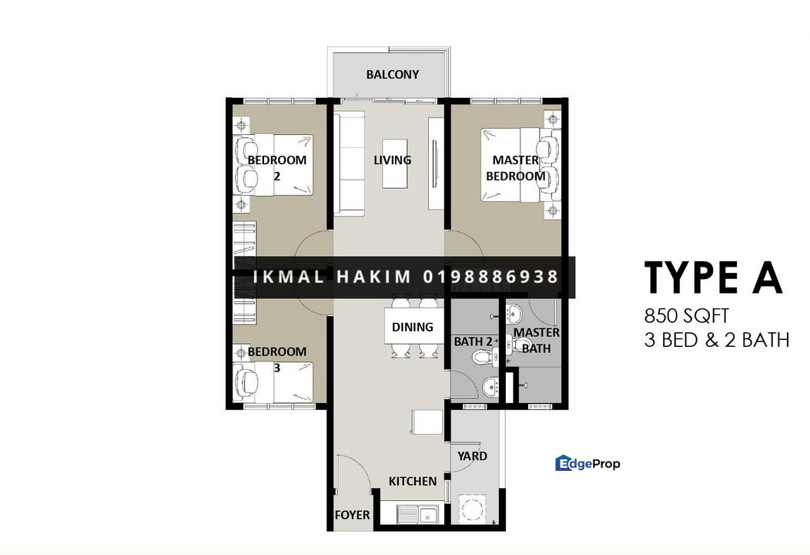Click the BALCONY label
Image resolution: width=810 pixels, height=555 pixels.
[392, 75]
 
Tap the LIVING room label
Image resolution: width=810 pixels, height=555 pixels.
[392, 160]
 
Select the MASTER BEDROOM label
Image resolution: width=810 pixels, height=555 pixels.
[516, 168]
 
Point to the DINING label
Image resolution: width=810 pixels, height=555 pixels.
[412, 327]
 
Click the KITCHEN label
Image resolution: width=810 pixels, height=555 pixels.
[412, 481]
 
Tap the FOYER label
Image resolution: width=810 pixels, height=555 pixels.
[353, 515]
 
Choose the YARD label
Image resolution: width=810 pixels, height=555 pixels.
[472, 456]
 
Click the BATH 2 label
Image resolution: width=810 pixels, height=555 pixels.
[473, 342]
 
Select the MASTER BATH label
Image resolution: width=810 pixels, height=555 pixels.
[536, 341]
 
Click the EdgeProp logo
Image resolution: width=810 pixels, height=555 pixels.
[588, 463]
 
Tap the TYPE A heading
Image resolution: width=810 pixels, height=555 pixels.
[713, 277]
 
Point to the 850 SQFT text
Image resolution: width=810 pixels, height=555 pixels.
[687, 315]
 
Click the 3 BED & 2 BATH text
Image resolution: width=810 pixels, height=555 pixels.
[717, 341]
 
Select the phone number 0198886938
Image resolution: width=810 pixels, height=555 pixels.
[490, 277]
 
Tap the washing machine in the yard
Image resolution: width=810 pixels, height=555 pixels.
[472, 510]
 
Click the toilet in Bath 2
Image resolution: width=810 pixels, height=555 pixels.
[480, 356]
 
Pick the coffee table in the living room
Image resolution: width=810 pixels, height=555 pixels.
[395, 163]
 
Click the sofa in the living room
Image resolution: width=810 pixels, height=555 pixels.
[350, 163]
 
